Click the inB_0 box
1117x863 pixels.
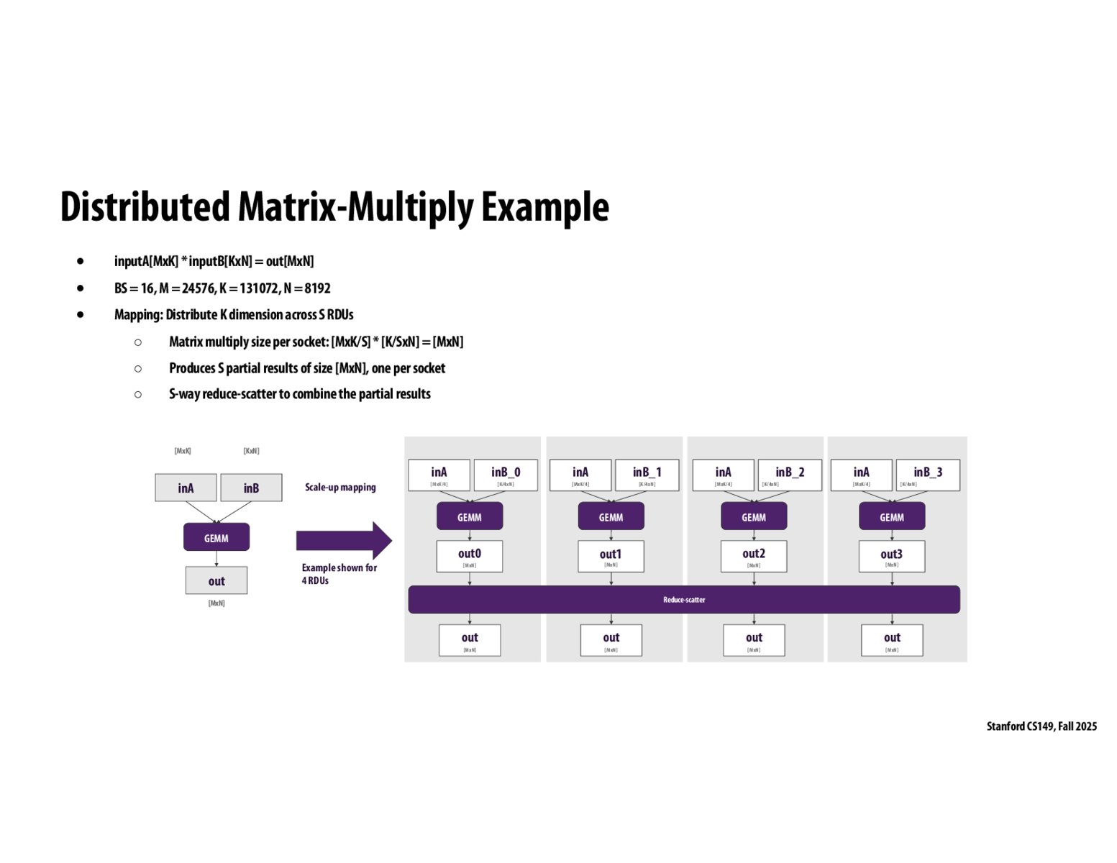click(506, 475)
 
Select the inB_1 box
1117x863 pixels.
click(647, 475)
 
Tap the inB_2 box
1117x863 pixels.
click(790, 475)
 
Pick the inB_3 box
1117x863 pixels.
click(928, 475)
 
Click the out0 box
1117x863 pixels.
click(470, 557)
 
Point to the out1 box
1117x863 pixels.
click(611, 557)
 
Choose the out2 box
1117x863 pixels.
click(754, 557)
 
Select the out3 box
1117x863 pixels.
click(892, 557)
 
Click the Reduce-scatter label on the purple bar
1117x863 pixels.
click(684, 600)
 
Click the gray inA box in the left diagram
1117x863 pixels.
click(186, 488)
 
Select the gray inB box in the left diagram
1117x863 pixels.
click(251, 488)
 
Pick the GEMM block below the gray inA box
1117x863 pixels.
click(216, 537)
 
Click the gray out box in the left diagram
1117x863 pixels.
click(216, 580)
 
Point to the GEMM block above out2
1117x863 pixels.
click(754, 516)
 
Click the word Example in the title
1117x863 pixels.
click(544, 207)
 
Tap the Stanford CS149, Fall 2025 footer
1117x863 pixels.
click(1041, 726)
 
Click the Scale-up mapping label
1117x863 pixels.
click(340, 487)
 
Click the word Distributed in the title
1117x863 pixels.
click(145, 207)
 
